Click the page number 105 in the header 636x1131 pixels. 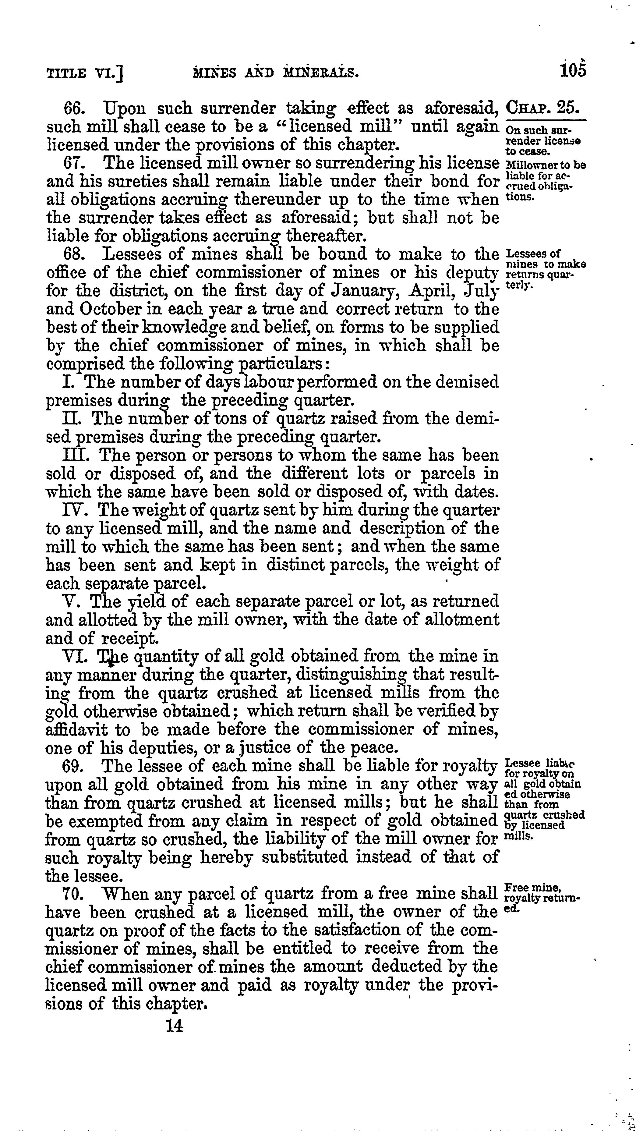572,70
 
